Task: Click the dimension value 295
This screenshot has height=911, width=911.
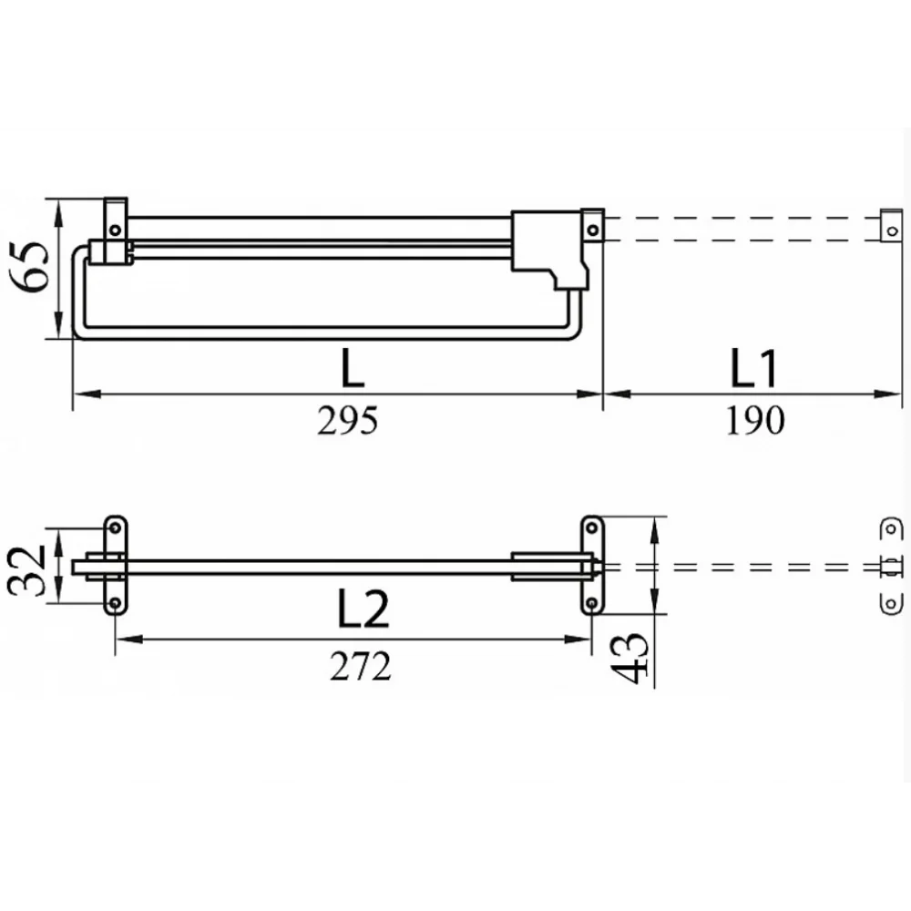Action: point(347,421)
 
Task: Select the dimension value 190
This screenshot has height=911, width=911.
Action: point(755,421)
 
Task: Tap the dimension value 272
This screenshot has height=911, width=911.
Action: point(360,667)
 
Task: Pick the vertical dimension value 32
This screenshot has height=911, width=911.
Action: point(26,570)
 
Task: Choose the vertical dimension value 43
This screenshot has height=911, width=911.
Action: point(630,658)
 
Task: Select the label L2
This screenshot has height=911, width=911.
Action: point(363,609)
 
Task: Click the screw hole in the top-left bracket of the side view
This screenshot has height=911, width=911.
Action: point(115,230)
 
